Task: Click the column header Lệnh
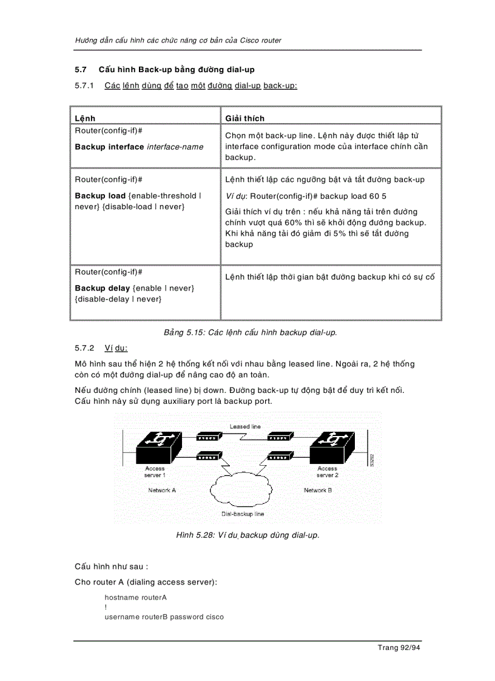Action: pyautogui.click(x=85, y=118)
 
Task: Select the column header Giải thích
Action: pyautogui.click(x=244, y=118)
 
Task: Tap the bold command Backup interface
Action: pyautogui.click(x=109, y=147)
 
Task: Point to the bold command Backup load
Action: pyautogui.click(x=101, y=196)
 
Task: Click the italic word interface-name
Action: pyautogui.click(x=175, y=147)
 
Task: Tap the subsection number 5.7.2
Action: pyautogui.click(x=85, y=348)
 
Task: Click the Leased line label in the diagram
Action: pyautogui.click(x=245, y=426)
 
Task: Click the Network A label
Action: pyautogui.click(x=162, y=490)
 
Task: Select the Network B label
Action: pyautogui.click(x=318, y=490)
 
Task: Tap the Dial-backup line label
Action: pyautogui.click(x=243, y=514)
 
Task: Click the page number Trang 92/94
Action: pyautogui.click(x=399, y=648)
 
